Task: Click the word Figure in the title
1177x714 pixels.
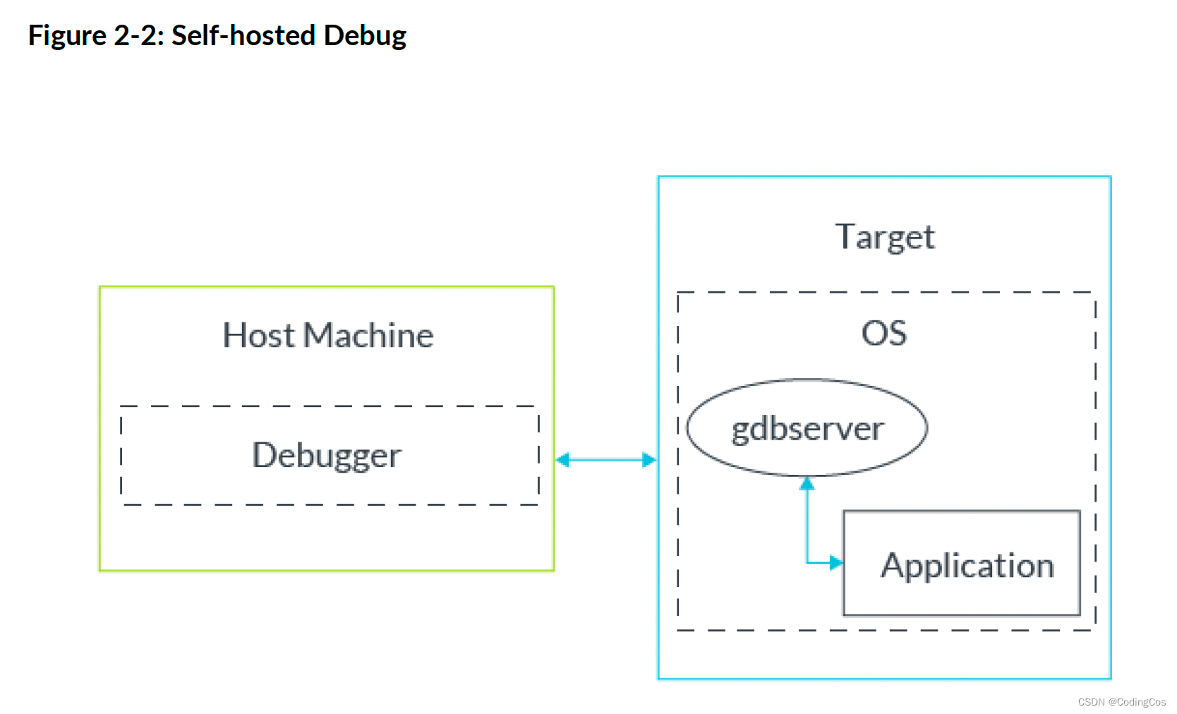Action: point(67,35)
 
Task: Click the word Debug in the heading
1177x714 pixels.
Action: point(365,35)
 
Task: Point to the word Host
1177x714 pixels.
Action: point(258,335)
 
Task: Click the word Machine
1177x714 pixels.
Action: point(368,335)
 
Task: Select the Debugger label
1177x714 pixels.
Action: point(327,456)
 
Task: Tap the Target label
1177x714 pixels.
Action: point(885,237)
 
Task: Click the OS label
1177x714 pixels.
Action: point(883,333)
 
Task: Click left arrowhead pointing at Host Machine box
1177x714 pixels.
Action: point(563,460)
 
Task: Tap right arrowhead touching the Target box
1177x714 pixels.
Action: point(649,460)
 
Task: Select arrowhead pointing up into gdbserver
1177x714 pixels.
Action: point(807,483)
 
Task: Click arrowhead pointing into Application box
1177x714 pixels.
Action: point(836,563)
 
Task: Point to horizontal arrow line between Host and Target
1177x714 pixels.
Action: point(605,460)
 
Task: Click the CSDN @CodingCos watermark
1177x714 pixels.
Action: point(1121,702)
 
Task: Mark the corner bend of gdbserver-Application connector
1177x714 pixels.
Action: point(807,563)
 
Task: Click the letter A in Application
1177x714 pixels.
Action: point(893,565)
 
